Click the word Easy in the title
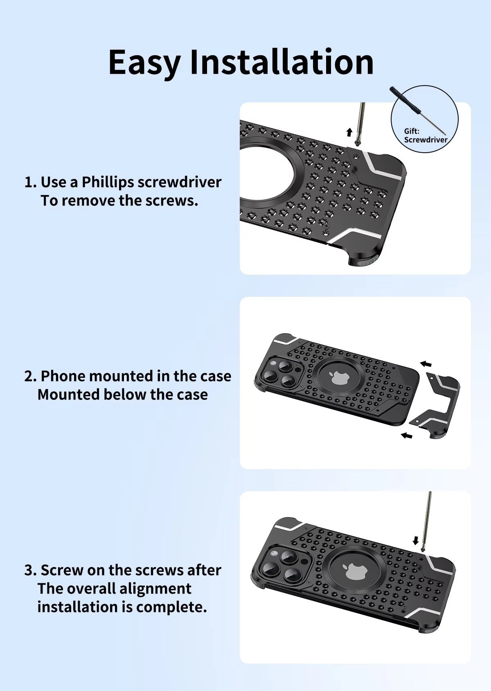tap(144, 63)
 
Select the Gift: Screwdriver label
tap(426, 135)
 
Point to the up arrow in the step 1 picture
tap(349, 132)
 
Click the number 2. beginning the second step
tap(31, 377)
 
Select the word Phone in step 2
tap(63, 376)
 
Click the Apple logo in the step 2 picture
tap(339, 378)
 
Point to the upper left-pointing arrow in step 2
tap(426, 364)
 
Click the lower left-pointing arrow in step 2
tap(407, 436)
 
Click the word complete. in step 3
tap(171, 607)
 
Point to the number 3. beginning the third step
tap(31, 571)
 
